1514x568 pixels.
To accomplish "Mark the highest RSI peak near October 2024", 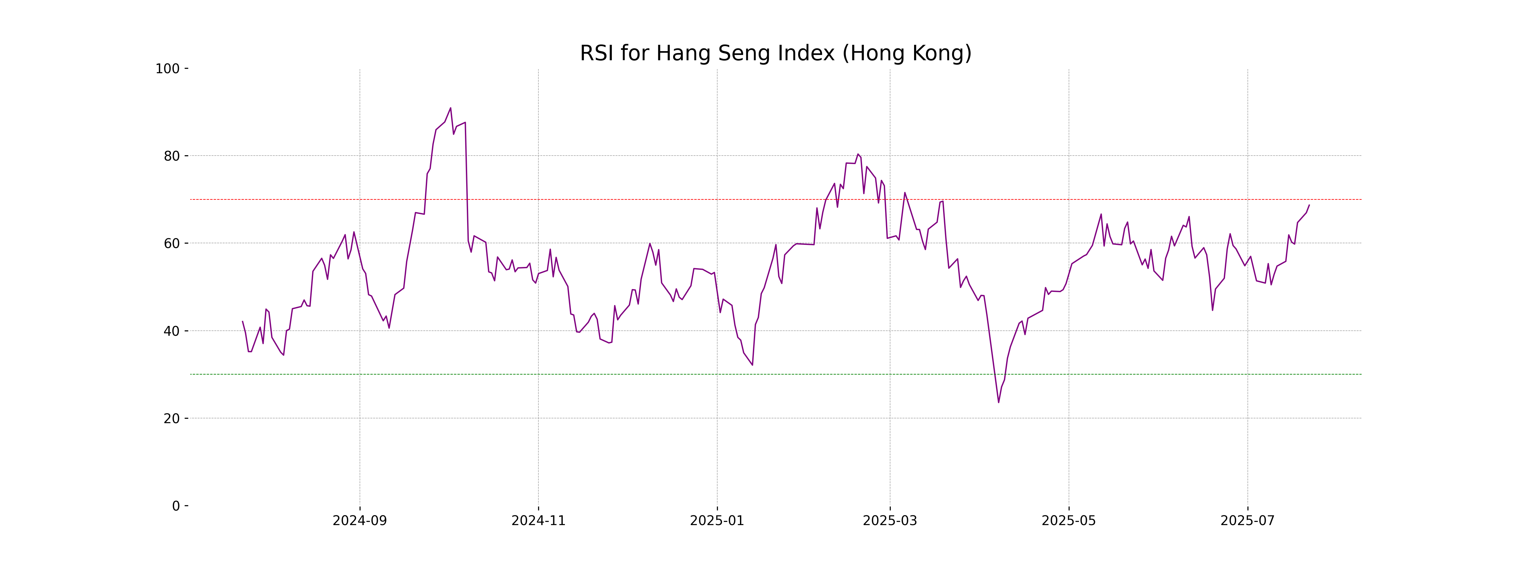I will [451, 108].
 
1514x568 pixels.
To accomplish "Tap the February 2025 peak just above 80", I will [858, 154].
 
